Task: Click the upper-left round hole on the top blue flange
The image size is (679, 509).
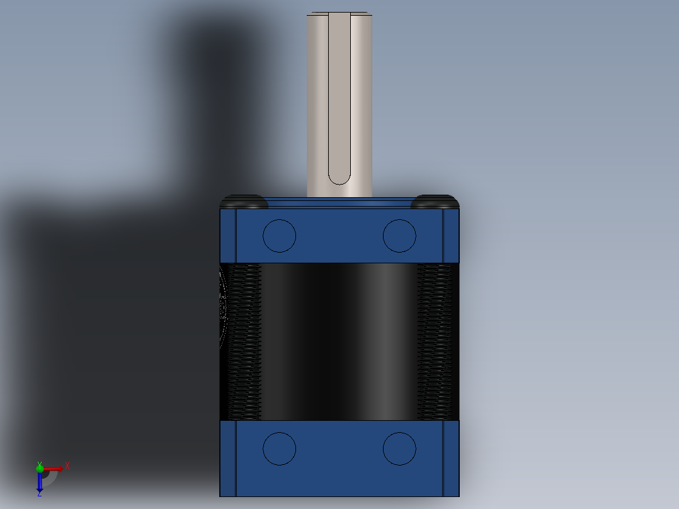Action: (279, 236)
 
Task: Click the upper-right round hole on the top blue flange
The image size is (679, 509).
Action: (399, 236)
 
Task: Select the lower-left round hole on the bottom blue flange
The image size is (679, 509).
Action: (279, 449)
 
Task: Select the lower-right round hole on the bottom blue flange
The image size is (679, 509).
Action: (399, 449)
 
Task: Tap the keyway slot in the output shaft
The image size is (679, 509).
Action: (339, 101)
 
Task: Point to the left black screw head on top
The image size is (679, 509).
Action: (244, 202)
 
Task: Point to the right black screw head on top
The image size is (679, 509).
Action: (435, 202)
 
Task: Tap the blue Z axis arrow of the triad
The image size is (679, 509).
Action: (40, 482)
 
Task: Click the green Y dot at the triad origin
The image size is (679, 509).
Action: (40, 467)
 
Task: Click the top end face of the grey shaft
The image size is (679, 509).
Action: (339, 13)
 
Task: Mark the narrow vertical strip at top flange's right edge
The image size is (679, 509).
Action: (451, 236)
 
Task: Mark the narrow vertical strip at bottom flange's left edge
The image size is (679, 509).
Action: (227, 457)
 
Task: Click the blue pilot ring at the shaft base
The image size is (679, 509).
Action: (339, 202)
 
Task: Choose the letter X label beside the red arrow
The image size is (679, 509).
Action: (67, 466)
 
